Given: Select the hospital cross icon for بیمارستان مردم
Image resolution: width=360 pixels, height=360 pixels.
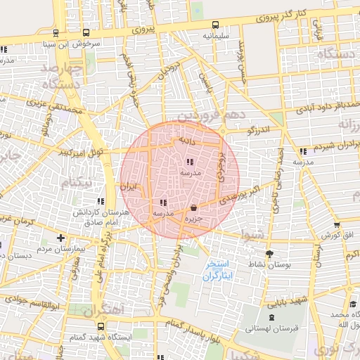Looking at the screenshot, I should [x=60, y=238].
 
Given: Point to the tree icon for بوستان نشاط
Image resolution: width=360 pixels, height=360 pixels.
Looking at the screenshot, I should [x=269, y=254].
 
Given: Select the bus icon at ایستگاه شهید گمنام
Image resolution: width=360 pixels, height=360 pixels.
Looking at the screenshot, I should [x=102, y=327].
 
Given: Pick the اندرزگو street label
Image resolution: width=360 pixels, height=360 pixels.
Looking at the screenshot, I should [x=264, y=130].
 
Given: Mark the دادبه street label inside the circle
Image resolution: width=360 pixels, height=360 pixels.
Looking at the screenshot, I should [x=186, y=141].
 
